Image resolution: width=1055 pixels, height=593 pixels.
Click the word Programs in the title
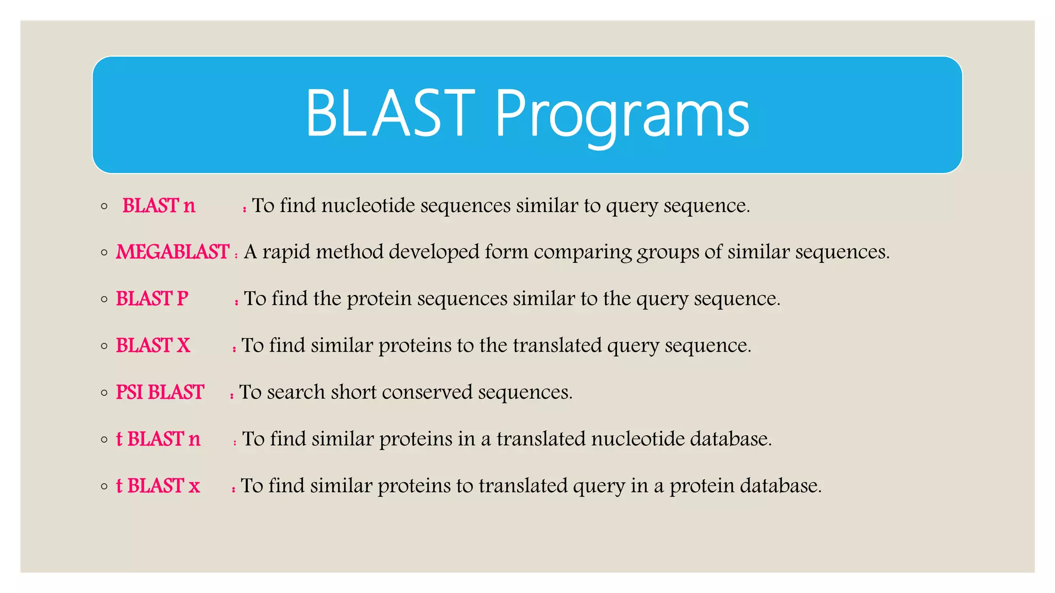622,114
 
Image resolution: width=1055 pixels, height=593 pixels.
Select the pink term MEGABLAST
173,252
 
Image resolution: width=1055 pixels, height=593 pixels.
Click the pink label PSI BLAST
160,392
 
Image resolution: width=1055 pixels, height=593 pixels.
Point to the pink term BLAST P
152,299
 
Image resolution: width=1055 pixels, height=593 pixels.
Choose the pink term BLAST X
153,345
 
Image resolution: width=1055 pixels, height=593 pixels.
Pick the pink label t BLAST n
158,439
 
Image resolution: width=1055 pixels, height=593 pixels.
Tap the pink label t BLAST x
158,486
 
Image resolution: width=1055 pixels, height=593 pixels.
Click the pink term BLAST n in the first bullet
159,206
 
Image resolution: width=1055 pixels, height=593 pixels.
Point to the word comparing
583,252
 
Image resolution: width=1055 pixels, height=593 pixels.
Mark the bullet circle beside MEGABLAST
105,253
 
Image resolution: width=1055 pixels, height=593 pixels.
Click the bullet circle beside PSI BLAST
105,393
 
